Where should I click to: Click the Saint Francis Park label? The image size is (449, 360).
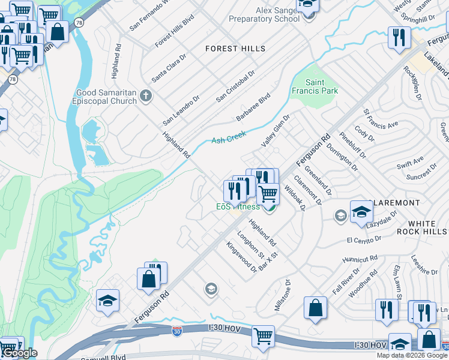tap(322, 86)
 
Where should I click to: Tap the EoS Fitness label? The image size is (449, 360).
tap(238, 207)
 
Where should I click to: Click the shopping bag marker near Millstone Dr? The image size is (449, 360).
tap(315, 308)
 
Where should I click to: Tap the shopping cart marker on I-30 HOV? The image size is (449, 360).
tap(263, 337)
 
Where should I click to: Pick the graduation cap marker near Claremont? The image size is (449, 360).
tap(361, 212)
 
